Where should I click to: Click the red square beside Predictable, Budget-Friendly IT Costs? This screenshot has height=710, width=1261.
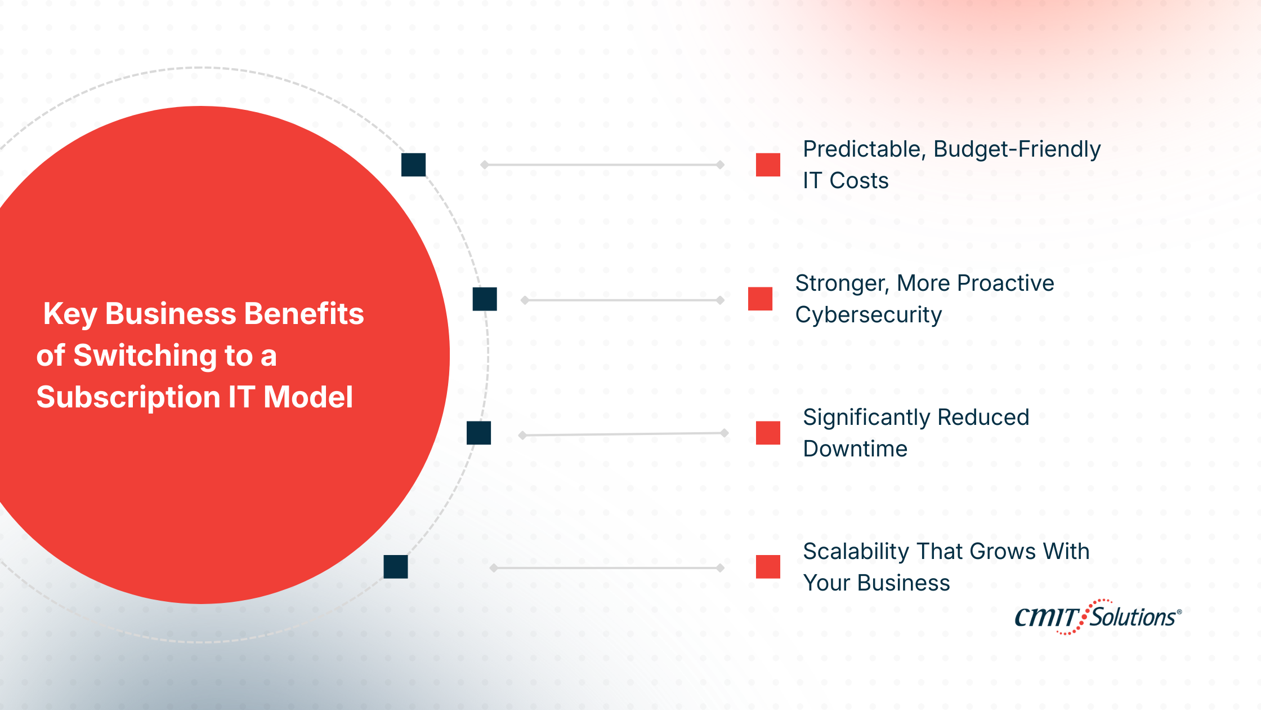[768, 165]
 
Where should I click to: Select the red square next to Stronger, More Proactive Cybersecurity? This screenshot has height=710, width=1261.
[760, 299]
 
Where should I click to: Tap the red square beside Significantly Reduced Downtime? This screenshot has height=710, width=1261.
[768, 433]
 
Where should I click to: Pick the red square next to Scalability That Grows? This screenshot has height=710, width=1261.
[768, 566]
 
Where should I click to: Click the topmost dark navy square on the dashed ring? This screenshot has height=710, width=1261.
[413, 165]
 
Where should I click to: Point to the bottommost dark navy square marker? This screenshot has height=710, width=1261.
[395, 566]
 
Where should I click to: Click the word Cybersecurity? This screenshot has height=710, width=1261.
[868, 315]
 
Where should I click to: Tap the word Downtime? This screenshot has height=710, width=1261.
[855, 449]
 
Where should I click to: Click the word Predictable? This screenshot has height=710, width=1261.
[861, 149]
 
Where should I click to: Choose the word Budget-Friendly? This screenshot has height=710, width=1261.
[1017, 149]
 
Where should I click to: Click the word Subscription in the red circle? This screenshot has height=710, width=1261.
[128, 398]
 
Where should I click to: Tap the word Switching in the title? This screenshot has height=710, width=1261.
[145, 356]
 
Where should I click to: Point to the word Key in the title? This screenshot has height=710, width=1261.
[70, 314]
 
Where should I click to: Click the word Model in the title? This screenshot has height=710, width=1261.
[308, 397]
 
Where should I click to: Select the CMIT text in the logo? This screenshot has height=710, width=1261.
[1046, 618]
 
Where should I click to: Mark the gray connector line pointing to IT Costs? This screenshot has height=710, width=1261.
[602, 165]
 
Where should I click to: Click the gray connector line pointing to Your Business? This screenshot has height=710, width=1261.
[607, 567]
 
